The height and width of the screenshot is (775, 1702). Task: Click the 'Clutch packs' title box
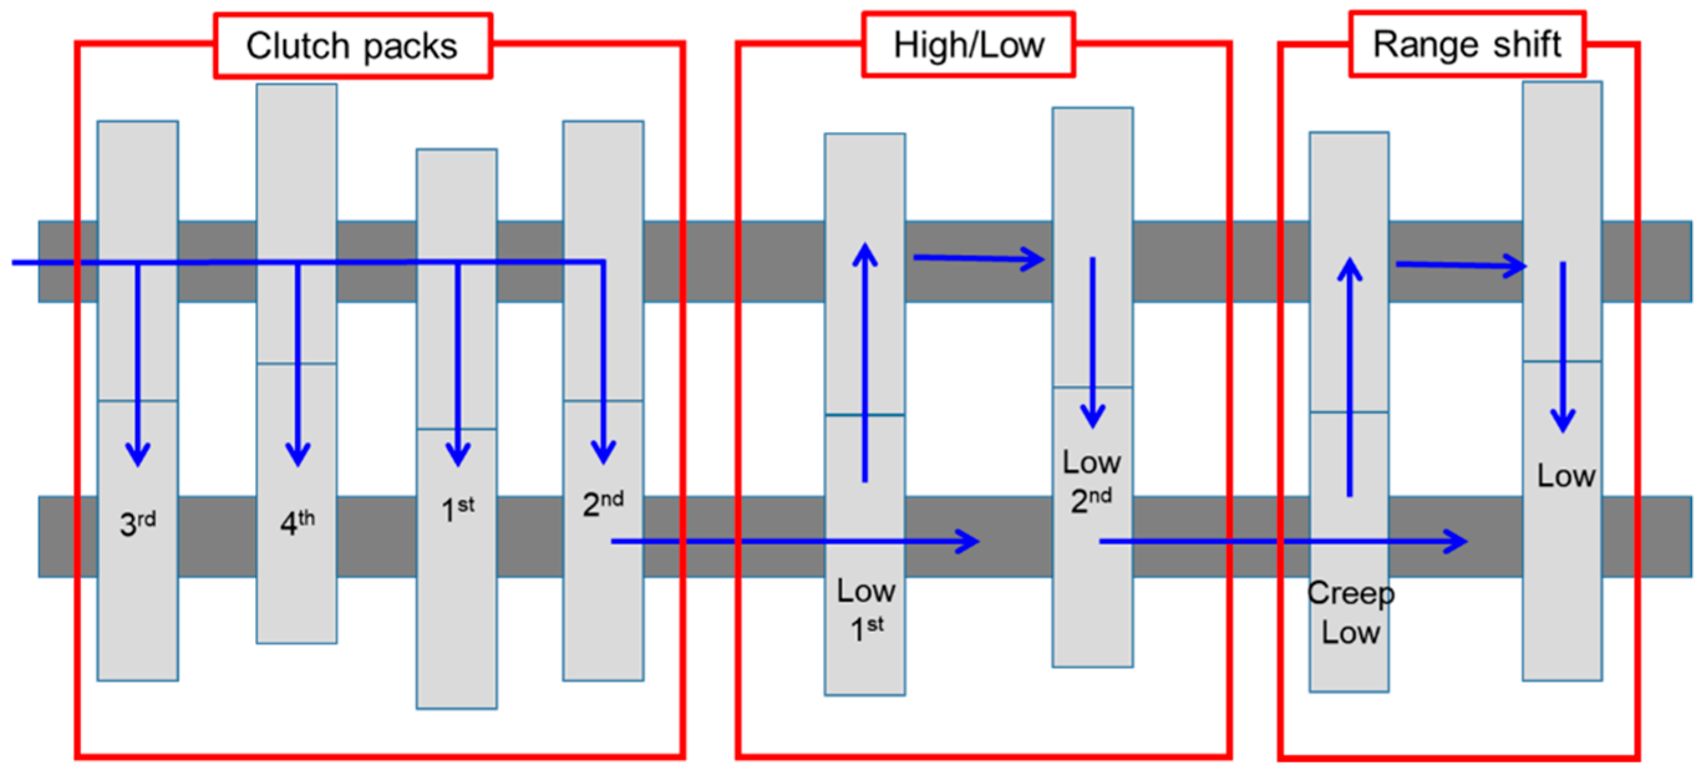tap(352, 46)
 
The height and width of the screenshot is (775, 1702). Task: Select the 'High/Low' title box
tap(969, 45)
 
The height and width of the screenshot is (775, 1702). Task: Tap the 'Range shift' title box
tap(1467, 44)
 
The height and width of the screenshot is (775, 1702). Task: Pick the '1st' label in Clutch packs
tap(457, 509)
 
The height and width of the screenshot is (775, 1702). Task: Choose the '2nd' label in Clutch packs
tap(603, 504)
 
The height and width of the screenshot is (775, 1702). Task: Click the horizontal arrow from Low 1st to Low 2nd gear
tap(978, 258)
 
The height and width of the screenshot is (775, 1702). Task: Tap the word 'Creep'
tap(1350, 593)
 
